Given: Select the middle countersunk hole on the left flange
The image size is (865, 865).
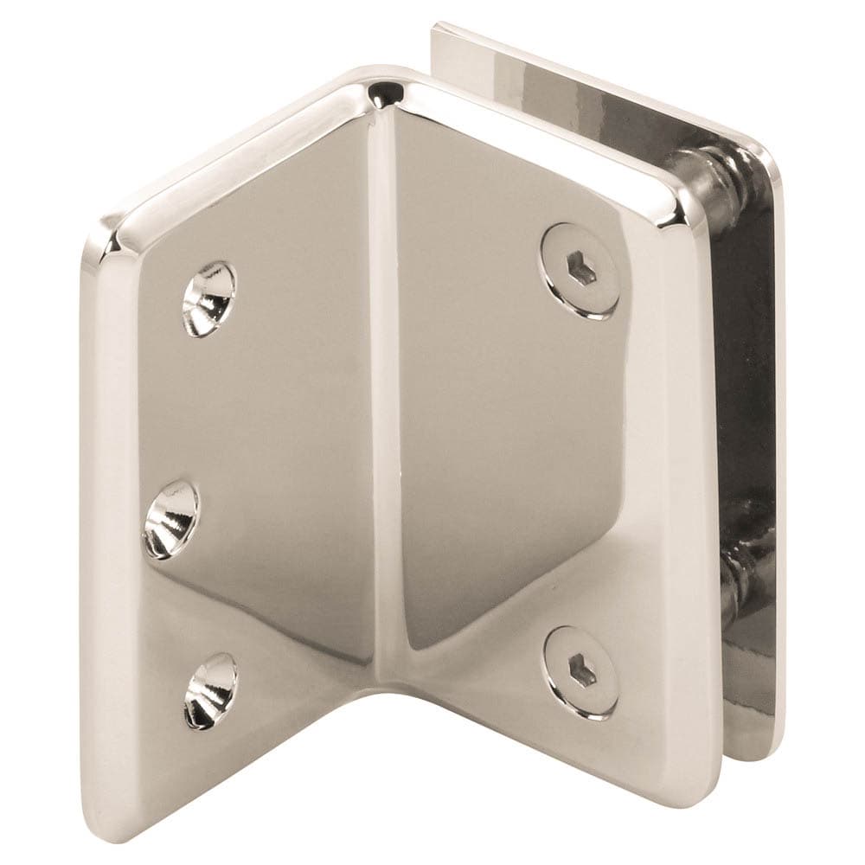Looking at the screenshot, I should tap(171, 516).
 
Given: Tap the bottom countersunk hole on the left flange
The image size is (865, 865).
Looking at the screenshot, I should tap(209, 689).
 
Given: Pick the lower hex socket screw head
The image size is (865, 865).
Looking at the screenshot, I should tap(580, 671).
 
